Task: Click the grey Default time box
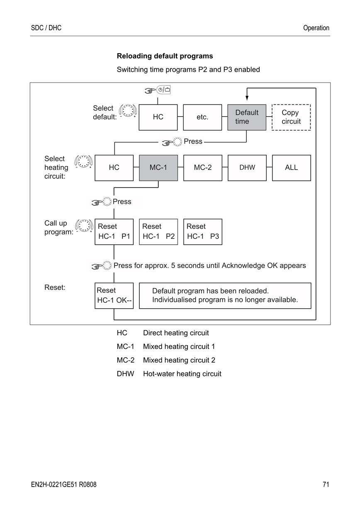[x=247, y=117]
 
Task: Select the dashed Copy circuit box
[x=291, y=117]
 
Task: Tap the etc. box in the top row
[x=202, y=117]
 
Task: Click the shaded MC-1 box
[x=158, y=168]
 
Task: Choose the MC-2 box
[x=202, y=168]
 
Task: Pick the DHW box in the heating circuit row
[x=247, y=168]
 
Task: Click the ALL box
[x=292, y=168]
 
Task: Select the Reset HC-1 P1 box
[x=114, y=232]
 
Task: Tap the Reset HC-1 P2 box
[x=158, y=232]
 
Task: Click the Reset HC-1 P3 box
[x=202, y=232]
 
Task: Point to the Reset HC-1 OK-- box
[x=114, y=296]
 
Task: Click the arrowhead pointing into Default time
[x=247, y=98]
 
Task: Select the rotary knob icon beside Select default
[x=128, y=111]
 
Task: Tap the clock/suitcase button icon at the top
[x=163, y=90]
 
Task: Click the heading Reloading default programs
[x=165, y=56]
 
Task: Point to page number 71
[x=326, y=485]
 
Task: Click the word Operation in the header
[x=316, y=28]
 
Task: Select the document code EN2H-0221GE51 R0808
[x=64, y=485]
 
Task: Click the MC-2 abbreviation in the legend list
[x=126, y=360]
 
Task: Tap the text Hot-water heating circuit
[x=182, y=374]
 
